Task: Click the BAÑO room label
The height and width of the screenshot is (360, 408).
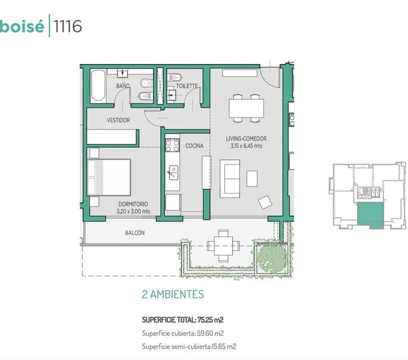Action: [123, 86]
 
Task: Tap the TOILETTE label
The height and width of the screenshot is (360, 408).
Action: [187, 86]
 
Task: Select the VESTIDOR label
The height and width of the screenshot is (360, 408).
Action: [118, 120]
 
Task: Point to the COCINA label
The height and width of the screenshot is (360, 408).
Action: [194, 146]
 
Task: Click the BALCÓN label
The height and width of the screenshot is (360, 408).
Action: [135, 233]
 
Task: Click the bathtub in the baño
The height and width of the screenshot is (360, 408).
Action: [99, 86]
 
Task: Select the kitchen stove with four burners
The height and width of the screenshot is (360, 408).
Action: [172, 145]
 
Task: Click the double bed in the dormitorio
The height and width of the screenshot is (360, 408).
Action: [109, 177]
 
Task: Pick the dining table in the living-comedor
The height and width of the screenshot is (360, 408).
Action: [246, 108]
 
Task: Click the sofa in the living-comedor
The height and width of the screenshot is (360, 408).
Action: [230, 179]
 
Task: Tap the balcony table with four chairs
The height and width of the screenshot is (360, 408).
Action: [223, 246]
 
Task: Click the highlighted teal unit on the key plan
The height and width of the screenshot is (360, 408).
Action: [370, 215]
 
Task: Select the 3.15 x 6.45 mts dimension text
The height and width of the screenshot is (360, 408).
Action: [246, 146]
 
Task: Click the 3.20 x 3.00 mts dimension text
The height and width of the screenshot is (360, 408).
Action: [133, 211]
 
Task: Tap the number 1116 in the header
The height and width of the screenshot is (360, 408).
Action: [68, 26]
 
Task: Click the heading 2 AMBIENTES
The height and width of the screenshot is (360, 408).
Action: [173, 295]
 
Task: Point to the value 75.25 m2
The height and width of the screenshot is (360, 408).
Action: [210, 320]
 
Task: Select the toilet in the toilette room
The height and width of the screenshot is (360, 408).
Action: [175, 77]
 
